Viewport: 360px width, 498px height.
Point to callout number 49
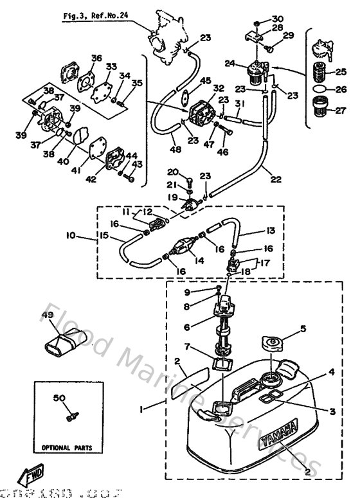(x=46, y=315)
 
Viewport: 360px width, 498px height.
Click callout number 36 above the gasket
(x=96, y=58)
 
